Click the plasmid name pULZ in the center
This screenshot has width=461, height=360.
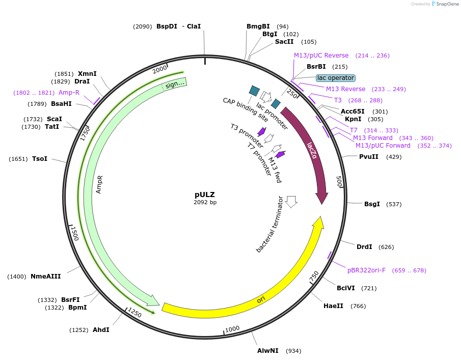click(x=205, y=195)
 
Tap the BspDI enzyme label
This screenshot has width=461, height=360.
click(x=167, y=26)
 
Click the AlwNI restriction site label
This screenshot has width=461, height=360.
click(x=268, y=351)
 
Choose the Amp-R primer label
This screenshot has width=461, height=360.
click(x=69, y=93)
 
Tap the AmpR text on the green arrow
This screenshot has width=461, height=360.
click(x=100, y=184)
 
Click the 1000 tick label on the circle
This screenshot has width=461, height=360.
click(x=232, y=329)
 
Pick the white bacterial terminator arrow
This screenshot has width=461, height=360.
click(x=291, y=202)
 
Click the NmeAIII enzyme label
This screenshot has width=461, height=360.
click(x=46, y=276)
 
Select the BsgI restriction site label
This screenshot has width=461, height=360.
click(x=372, y=204)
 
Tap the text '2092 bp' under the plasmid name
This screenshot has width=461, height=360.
click(x=205, y=202)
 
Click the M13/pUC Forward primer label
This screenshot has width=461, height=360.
click(x=383, y=146)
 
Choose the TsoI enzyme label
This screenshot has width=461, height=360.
click(x=40, y=159)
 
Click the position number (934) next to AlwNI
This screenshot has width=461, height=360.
click(x=293, y=351)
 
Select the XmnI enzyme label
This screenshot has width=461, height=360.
click(x=87, y=74)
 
